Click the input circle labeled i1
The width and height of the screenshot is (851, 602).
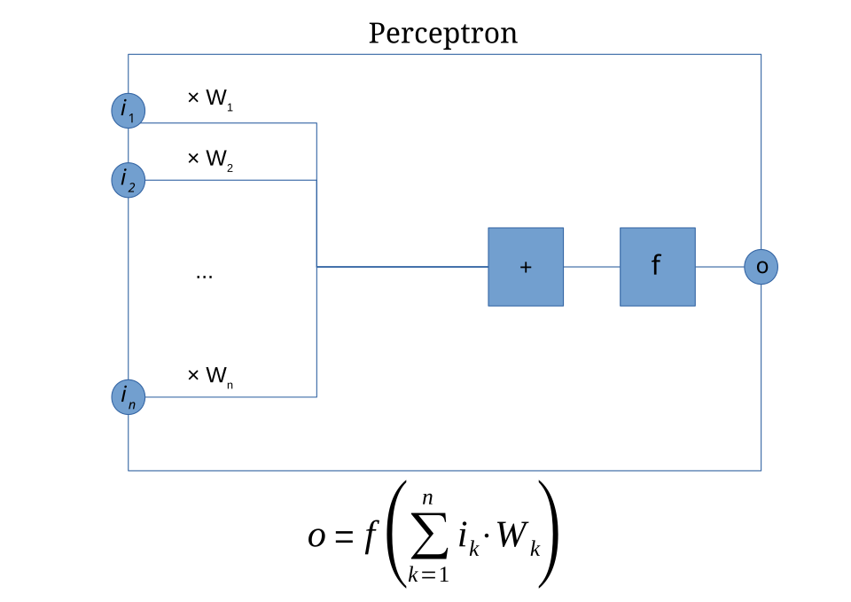128,111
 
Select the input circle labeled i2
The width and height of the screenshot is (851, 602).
128,180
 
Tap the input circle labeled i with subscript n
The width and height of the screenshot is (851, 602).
128,396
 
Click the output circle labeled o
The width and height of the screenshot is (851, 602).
761,267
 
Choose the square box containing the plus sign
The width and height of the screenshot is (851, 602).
526,267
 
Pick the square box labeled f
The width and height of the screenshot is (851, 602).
657,267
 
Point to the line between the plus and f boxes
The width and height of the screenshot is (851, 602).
591,266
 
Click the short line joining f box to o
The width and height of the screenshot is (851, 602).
719,266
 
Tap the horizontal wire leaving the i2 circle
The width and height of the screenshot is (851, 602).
230,180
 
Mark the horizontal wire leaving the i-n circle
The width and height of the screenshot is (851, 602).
230,397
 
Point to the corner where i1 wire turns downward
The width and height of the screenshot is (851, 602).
316,123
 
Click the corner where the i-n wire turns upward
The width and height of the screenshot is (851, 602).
316,397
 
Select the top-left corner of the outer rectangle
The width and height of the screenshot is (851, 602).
129,54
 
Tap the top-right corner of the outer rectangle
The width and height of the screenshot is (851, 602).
761,54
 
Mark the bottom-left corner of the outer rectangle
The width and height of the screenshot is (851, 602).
129,471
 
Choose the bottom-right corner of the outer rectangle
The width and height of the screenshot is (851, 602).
761,471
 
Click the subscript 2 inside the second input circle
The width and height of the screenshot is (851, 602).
131,187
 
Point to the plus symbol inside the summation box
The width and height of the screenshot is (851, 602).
526,267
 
